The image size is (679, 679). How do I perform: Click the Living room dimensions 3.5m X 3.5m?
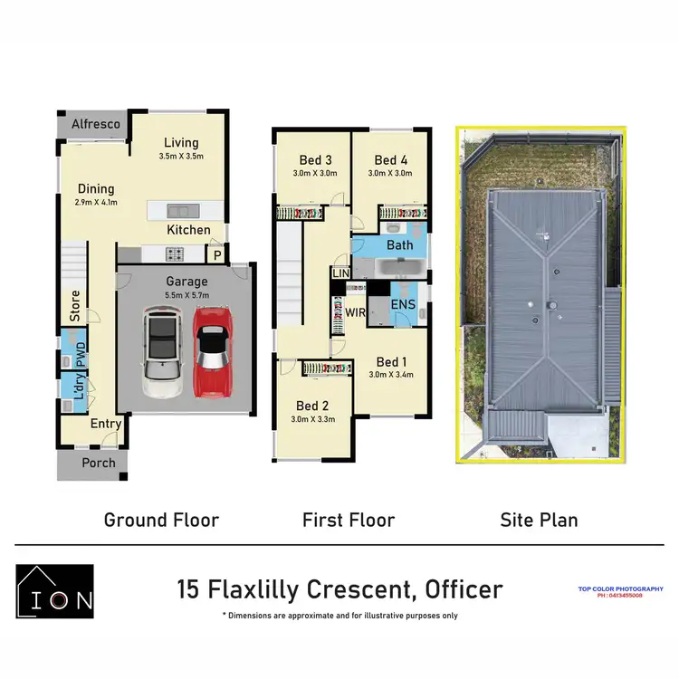pos(181,156)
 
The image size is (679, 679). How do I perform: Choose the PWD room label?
pos(81,355)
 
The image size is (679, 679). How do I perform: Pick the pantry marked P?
pos(218,256)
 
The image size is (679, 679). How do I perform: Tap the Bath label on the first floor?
pos(399,245)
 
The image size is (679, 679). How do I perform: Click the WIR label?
pos(355,312)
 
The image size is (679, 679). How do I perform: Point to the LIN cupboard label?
pos(341,273)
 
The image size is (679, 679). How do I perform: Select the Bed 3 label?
pos(314,159)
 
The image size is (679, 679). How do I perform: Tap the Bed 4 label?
pos(390,159)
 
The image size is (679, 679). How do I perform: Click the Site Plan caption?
pos(539,520)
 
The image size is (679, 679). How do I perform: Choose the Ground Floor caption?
pos(161,520)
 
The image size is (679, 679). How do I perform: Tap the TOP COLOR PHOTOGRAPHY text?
pos(620,589)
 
